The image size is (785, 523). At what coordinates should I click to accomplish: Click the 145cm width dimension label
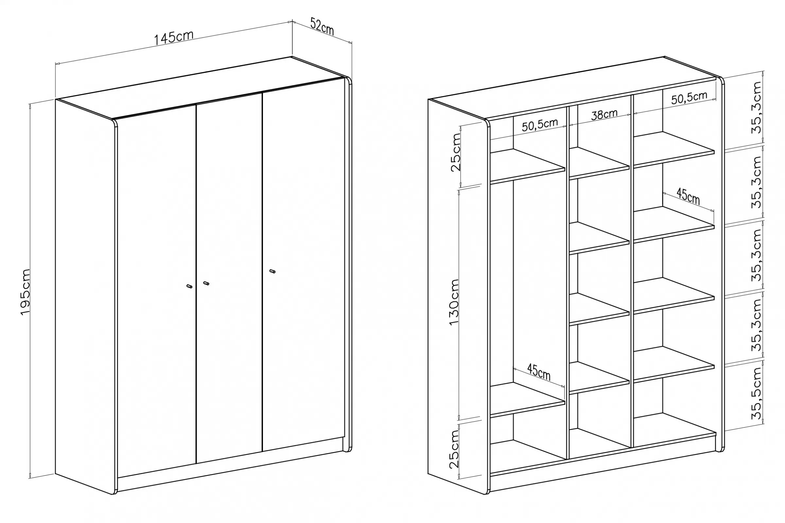(x=174, y=38)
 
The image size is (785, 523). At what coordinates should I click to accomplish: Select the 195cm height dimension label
(x=26, y=292)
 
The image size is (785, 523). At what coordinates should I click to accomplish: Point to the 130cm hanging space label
(x=454, y=302)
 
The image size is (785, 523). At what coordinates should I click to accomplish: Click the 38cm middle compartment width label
(x=604, y=114)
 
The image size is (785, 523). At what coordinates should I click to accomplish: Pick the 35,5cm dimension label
(x=756, y=393)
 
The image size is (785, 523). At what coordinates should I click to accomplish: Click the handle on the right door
(x=272, y=271)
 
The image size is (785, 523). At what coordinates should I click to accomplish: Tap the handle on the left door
(x=189, y=286)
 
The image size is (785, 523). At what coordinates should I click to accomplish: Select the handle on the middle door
(x=206, y=283)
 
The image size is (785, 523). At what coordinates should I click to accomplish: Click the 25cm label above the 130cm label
(x=456, y=152)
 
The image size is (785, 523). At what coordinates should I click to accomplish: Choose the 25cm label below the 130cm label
(x=454, y=449)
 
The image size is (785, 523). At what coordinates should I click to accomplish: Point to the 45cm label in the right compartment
(x=688, y=196)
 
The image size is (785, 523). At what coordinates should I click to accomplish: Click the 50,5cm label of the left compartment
(x=540, y=125)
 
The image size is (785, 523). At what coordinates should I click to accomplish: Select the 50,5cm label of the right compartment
(x=689, y=98)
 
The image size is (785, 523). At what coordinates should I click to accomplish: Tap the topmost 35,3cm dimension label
(x=756, y=108)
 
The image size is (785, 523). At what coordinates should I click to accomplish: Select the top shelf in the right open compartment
(x=674, y=149)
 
